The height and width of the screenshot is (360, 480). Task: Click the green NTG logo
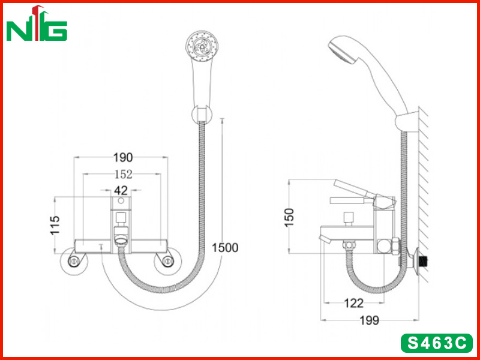tap(37, 23)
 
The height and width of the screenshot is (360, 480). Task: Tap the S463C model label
tap(437, 343)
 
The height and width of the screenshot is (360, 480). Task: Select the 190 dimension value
tap(123, 157)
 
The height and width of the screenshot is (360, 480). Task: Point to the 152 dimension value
tap(124, 174)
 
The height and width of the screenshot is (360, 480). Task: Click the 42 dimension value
tap(121, 190)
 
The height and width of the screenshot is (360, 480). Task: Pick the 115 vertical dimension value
tap(55, 226)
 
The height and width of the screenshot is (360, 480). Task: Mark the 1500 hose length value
tap(225, 248)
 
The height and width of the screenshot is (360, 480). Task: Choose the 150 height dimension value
tap(289, 217)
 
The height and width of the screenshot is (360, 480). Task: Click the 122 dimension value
tap(354, 303)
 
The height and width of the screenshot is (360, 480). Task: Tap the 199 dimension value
tap(369, 320)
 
